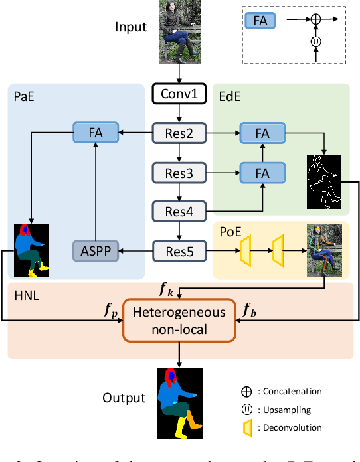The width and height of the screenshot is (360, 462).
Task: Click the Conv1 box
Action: point(179,94)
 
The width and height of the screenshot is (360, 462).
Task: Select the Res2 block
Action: point(179,133)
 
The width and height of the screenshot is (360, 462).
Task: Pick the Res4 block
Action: point(179,211)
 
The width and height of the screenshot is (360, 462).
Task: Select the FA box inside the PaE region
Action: point(96,133)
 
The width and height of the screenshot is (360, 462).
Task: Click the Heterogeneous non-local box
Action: point(179,320)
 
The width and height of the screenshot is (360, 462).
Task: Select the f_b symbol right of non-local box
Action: point(250,309)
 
